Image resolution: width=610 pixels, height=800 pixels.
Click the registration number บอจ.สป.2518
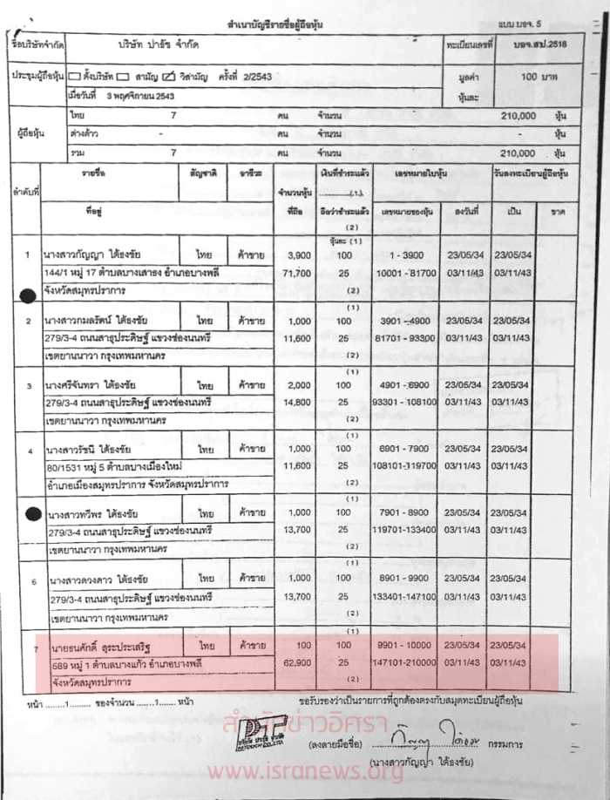541,43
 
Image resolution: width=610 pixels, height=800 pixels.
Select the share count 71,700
298,273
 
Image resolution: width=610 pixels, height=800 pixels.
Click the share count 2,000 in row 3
299,385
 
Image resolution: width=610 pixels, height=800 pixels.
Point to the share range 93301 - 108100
403,402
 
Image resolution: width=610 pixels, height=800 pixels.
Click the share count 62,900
298,662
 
